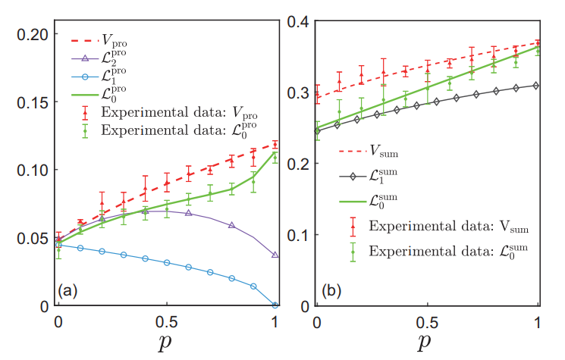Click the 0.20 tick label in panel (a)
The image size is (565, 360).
pyautogui.click(x=33, y=34)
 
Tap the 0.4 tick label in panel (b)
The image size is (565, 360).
pyautogui.click(x=300, y=21)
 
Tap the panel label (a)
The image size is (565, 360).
pyautogui.click(x=70, y=290)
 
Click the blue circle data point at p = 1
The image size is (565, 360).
pyautogui.click(x=275, y=305)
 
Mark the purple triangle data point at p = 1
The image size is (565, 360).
pyautogui.click(x=275, y=255)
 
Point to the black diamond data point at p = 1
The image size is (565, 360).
pyautogui.click(x=538, y=86)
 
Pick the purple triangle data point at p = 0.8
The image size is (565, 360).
pyautogui.click(x=232, y=225)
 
